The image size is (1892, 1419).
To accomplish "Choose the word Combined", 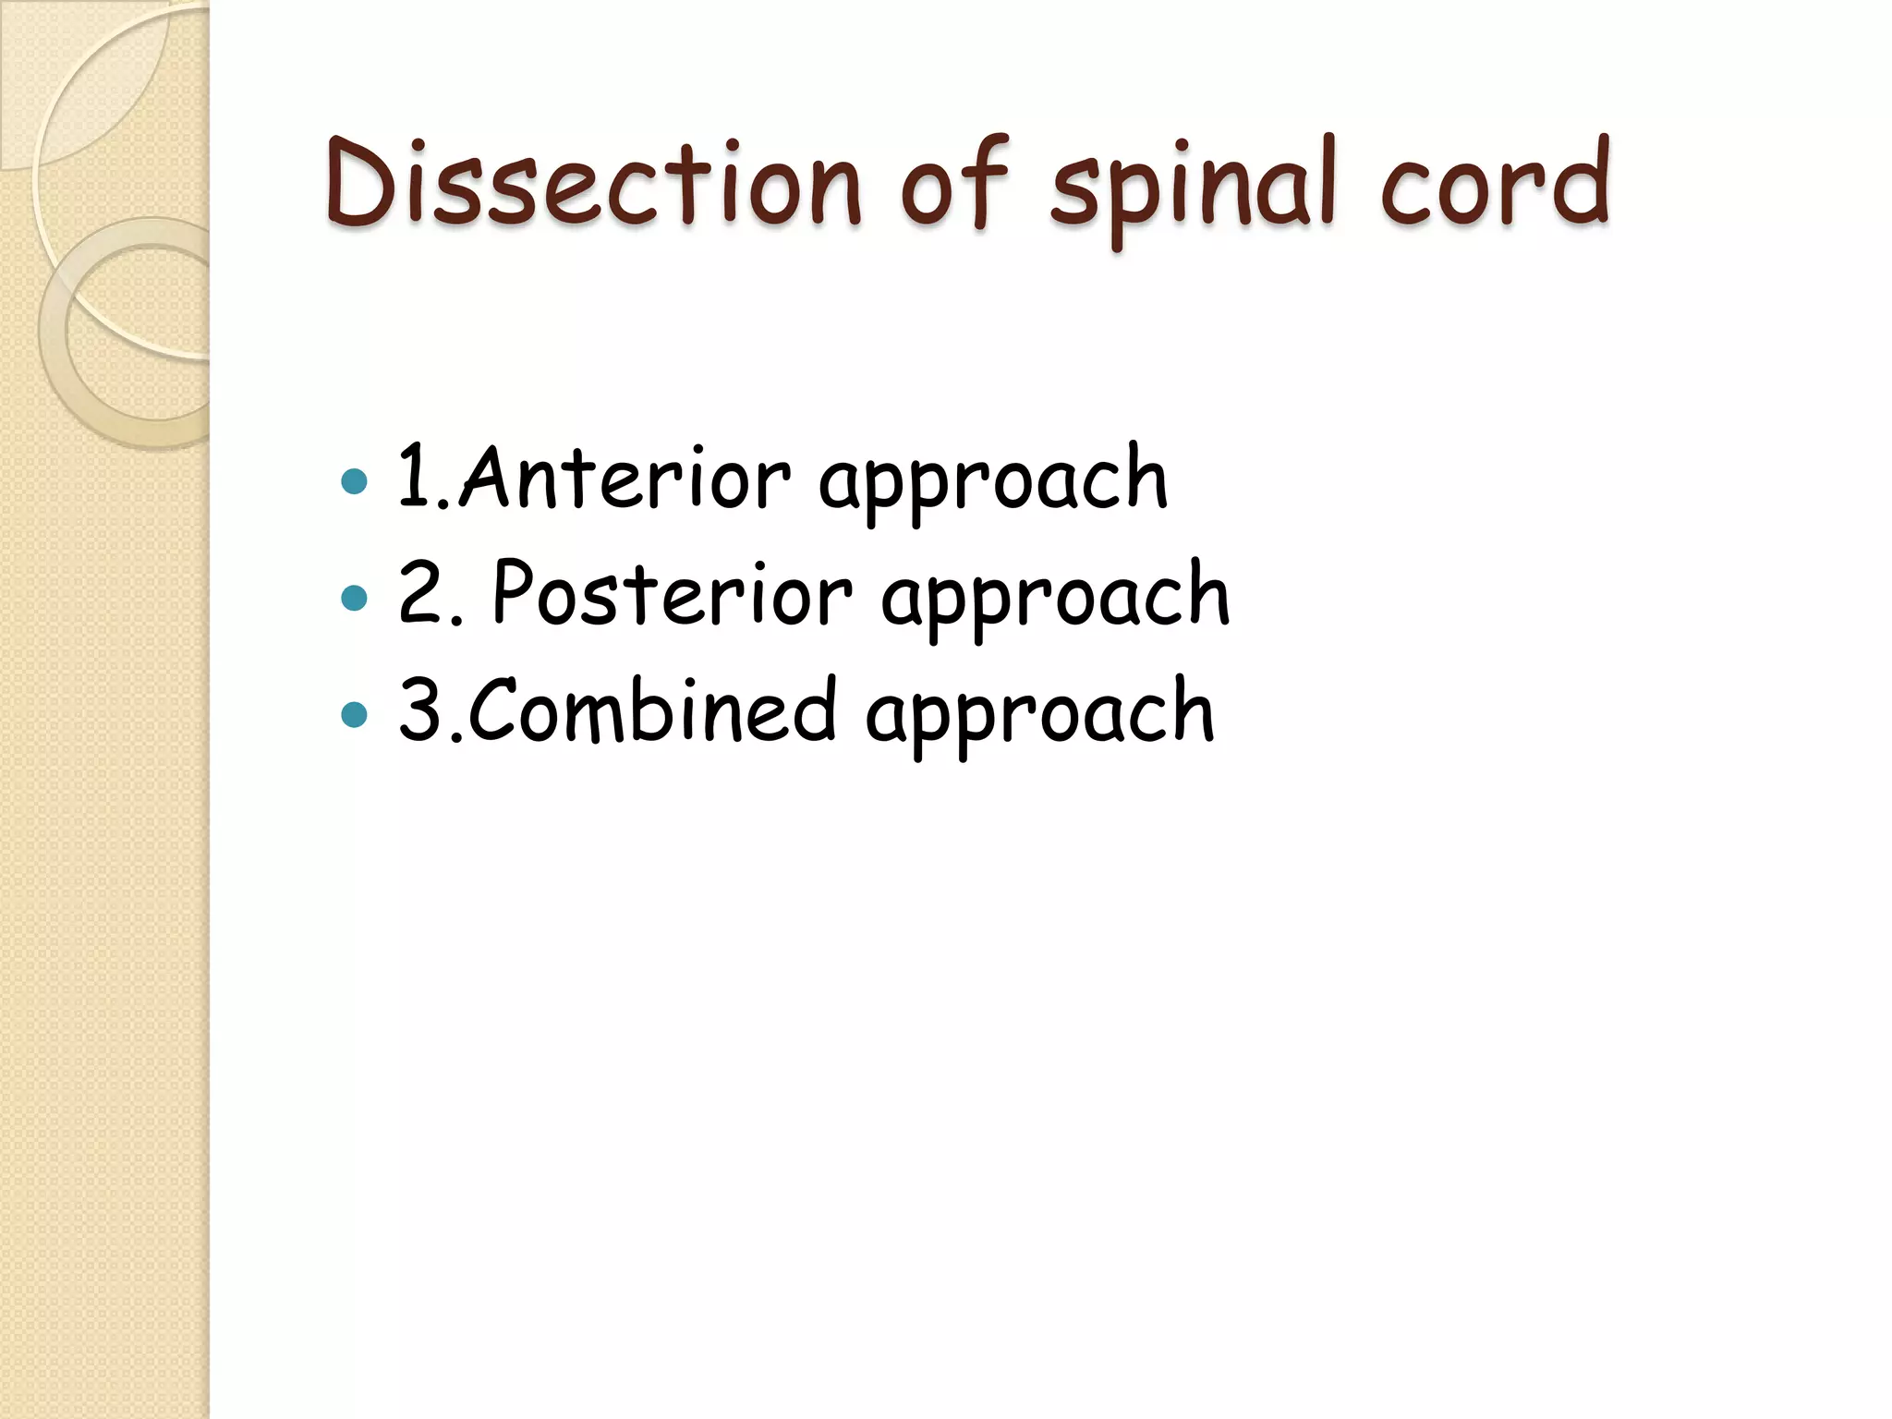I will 652,709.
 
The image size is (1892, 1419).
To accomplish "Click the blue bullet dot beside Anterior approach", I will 354,481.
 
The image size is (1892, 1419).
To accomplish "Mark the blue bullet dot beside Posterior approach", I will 354,598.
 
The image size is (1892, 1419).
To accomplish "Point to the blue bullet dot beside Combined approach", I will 354,714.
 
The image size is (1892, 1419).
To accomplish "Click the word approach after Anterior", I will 993,484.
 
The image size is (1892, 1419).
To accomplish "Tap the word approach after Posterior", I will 1055,600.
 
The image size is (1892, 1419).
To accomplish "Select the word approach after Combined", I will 1039,717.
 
